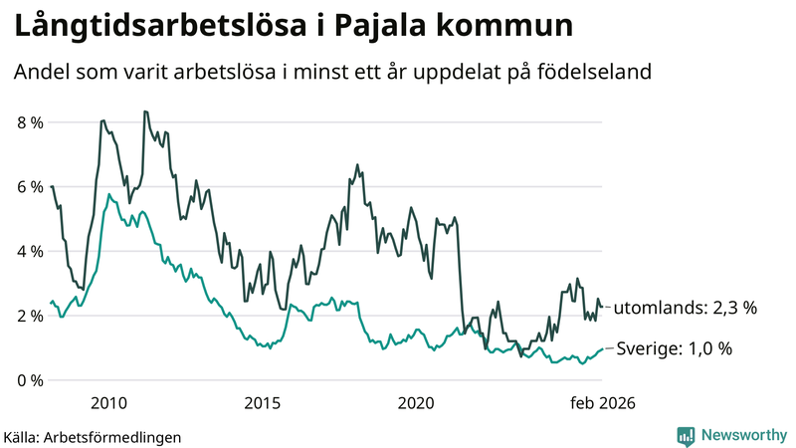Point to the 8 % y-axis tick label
tap(29, 122)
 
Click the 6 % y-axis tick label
tap(29, 187)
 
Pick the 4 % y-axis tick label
tap(29, 252)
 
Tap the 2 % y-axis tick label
tap(29, 317)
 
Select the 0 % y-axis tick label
tap(29, 381)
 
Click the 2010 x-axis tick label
tap(108, 403)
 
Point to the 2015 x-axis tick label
tap(263, 403)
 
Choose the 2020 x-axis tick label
tap(416, 403)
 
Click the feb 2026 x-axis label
tap(601, 403)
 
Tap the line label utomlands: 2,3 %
tap(685, 309)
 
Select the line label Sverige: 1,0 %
tap(673, 349)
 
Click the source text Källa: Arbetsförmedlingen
tap(93, 436)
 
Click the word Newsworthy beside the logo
tap(742, 435)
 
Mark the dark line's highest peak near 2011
tap(145, 112)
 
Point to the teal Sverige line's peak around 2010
tap(108, 195)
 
